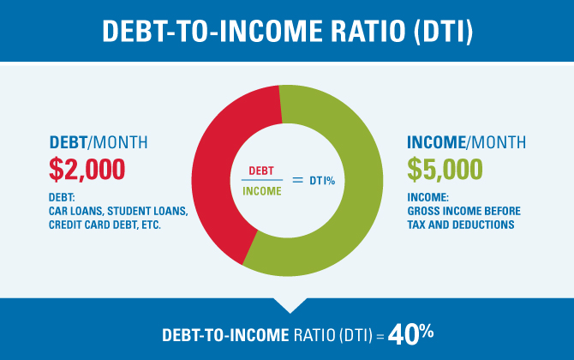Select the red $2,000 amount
pos(87,170)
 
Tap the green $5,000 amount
pos(445,170)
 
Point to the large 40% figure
pos(410,334)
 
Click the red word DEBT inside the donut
pos(261,171)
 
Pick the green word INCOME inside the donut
pos(262,191)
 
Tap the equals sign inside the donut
pos(297,180)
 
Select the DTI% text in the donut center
pos(322,181)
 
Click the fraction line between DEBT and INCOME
pos(262,180)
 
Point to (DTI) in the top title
pos(444,32)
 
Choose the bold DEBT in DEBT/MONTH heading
pos(69,142)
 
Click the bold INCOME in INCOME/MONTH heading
pos(436,142)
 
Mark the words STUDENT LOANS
pos(146,212)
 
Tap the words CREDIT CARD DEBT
pos(93,225)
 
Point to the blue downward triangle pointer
pos(290,305)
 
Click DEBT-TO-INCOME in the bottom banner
pos(225,335)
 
